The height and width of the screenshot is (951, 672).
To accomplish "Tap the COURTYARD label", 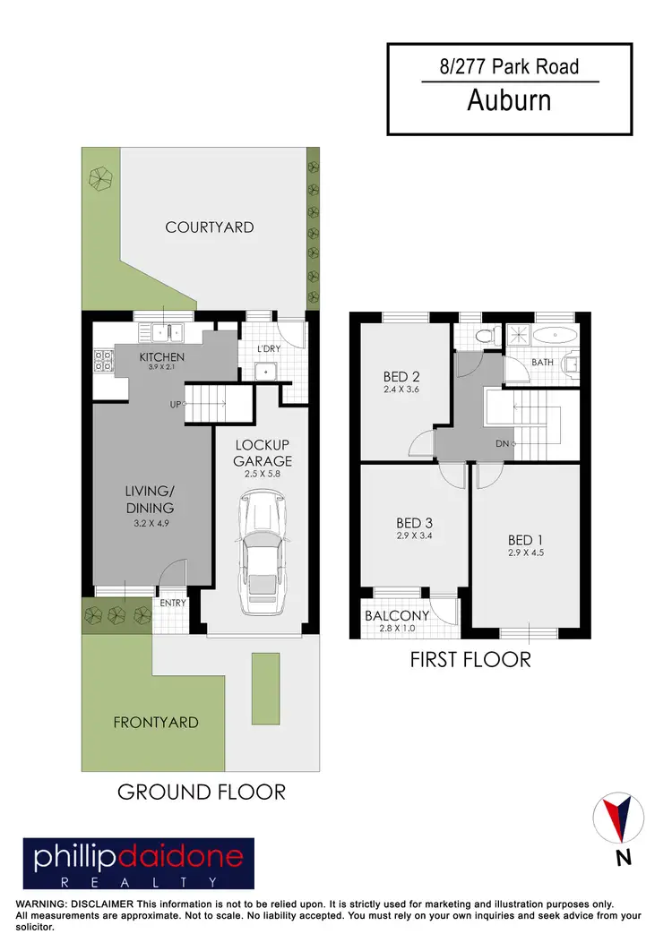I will click(x=210, y=227).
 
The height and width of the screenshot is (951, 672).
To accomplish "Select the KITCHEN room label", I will click(x=162, y=357).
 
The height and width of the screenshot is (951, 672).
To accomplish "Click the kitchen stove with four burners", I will click(x=103, y=360).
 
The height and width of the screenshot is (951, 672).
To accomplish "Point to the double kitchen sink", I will click(x=167, y=333).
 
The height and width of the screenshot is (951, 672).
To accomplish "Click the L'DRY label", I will click(x=270, y=347).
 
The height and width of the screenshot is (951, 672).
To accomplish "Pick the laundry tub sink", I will click(x=266, y=371).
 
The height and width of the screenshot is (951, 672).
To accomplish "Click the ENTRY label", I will click(x=173, y=603).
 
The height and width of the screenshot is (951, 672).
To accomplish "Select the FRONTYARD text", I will click(x=156, y=722).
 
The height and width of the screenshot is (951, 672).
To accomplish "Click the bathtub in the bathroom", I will click(x=554, y=337).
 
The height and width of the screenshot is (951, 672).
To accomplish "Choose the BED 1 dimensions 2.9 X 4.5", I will click(x=526, y=554).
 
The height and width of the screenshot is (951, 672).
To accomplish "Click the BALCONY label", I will click(x=397, y=615).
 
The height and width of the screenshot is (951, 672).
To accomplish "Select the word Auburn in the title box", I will click(x=509, y=99).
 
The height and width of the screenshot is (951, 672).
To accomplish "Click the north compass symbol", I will click(x=619, y=818).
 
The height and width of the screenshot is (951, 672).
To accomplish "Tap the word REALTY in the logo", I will click(x=139, y=881).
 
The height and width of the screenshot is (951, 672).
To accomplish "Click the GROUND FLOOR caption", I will click(x=202, y=792).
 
